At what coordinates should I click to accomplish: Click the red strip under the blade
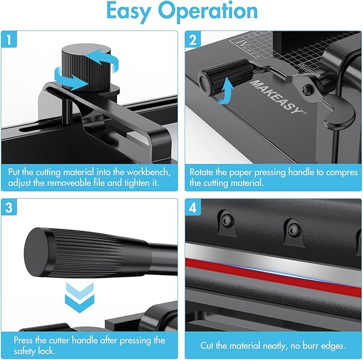click(x=273, y=263)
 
